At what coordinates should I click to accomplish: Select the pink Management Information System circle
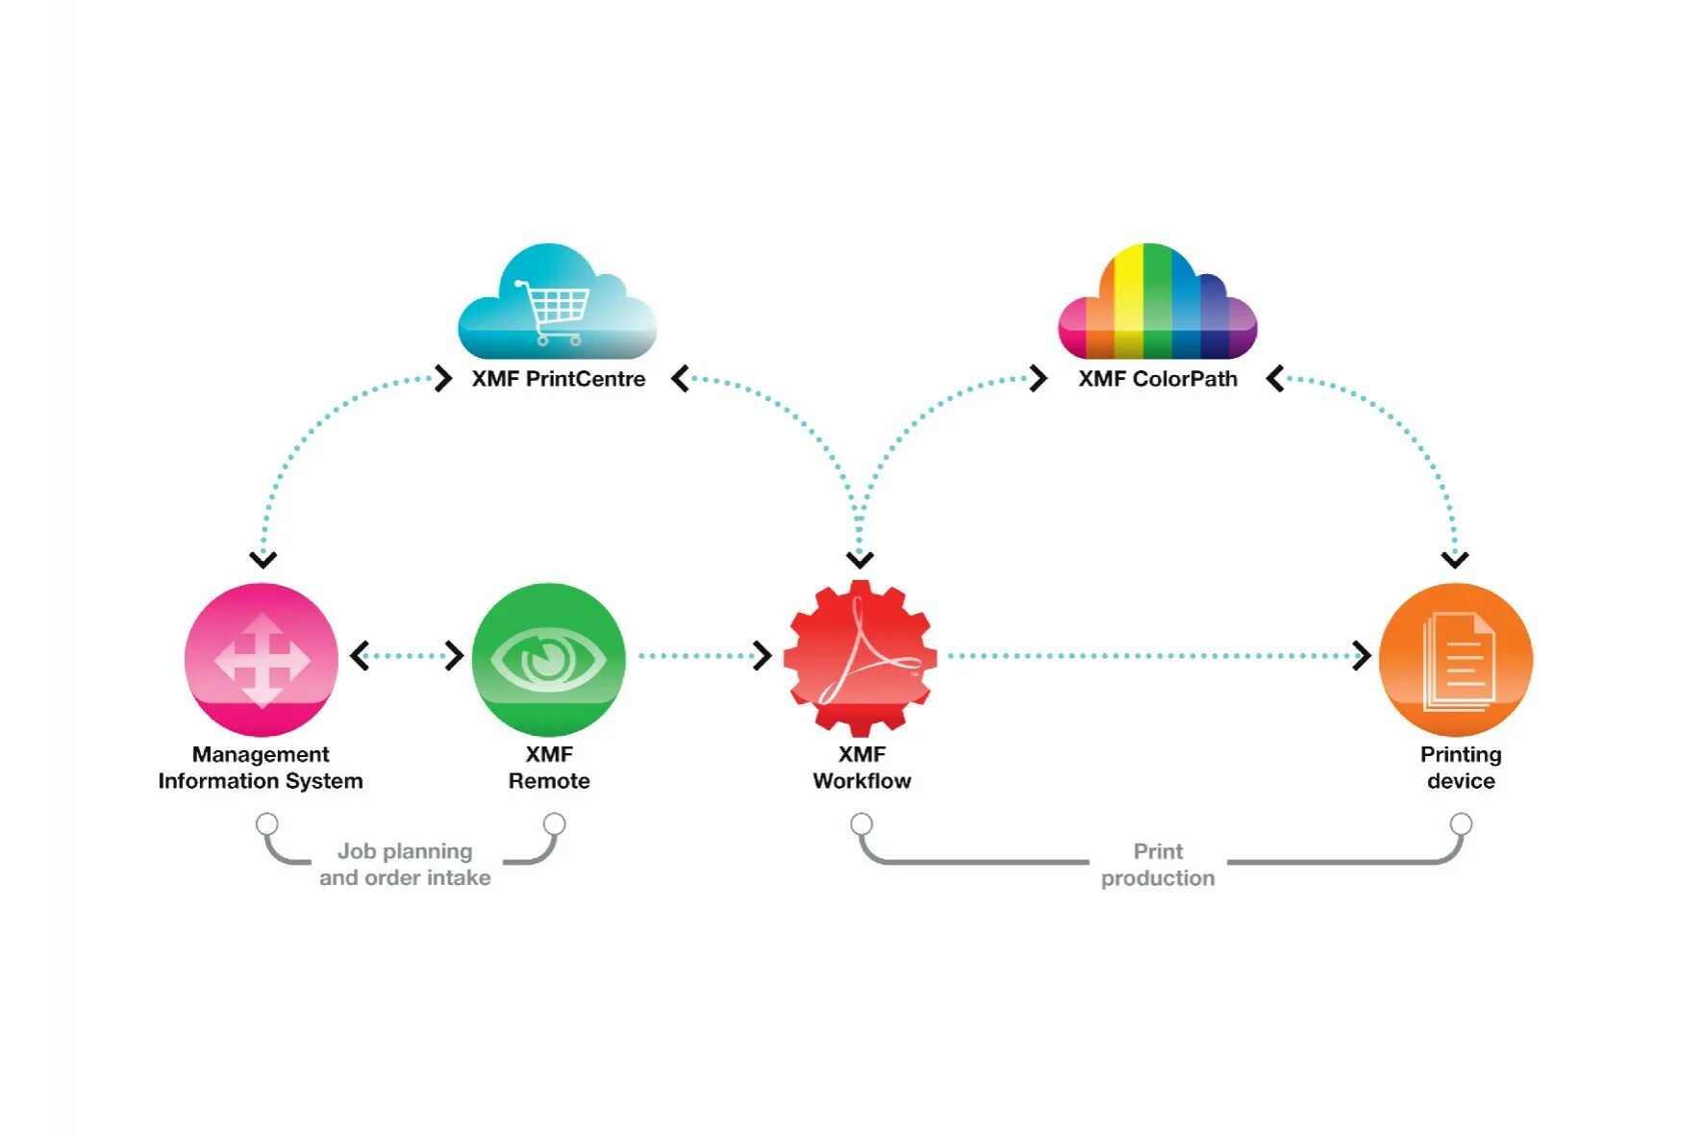(x=262, y=659)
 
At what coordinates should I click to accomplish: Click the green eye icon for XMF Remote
(x=548, y=659)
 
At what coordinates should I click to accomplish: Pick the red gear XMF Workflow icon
(x=860, y=659)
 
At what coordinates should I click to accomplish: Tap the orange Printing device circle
(x=1455, y=659)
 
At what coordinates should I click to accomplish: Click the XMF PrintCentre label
(x=558, y=379)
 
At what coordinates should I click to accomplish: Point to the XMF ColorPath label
(x=1157, y=379)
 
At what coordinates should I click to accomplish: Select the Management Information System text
(x=261, y=768)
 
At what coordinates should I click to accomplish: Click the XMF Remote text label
(x=548, y=768)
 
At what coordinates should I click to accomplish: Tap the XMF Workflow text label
(x=862, y=768)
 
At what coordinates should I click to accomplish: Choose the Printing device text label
(x=1461, y=768)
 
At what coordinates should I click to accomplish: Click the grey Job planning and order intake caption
(x=405, y=864)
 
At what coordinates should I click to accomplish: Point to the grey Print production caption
(x=1158, y=864)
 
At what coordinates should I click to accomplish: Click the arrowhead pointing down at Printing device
(x=1455, y=559)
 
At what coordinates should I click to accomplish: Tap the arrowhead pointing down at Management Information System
(x=263, y=559)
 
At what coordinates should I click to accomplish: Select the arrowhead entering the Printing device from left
(x=1362, y=656)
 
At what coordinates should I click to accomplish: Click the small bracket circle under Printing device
(x=1461, y=824)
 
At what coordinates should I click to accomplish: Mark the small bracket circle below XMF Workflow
(x=862, y=824)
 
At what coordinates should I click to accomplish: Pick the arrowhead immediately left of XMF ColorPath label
(x=1039, y=378)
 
